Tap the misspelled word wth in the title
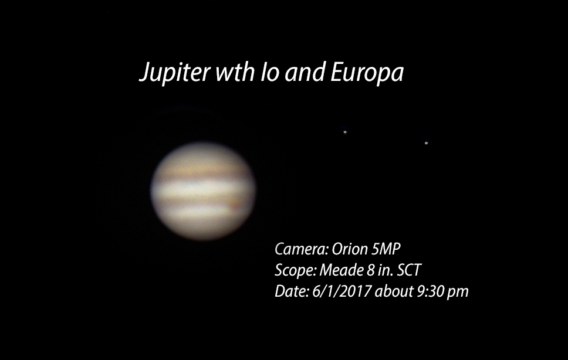(235, 72)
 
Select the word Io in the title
(271, 72)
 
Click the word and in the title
(305, 72)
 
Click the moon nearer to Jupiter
(345, 132)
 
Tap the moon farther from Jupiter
(427, 143)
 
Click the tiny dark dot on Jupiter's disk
(211, 198)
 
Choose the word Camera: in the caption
(302, 249)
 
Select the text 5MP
(386, 249)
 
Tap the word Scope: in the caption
(295, 271)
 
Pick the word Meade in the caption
(342, 270)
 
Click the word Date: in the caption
(291, 291)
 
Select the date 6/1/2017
(342, 291)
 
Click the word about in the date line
(394, 291)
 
